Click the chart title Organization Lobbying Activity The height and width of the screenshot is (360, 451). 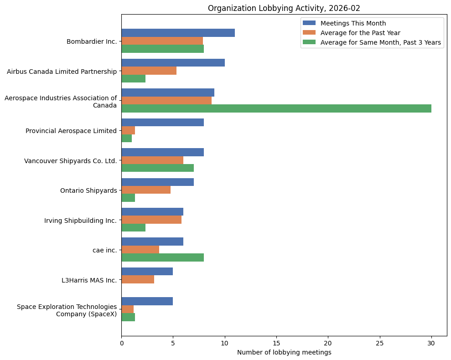[284, 8]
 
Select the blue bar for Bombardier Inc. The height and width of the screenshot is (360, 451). [178, 33]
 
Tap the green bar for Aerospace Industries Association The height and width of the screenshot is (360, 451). [276, 108]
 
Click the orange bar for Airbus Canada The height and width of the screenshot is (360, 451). [149, 71]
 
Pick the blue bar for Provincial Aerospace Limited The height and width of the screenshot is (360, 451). [162, 122]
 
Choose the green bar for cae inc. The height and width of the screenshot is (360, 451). [162, 257]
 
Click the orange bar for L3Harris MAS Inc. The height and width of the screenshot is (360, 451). [138, 280]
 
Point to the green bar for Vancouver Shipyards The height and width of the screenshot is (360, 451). [157, 168]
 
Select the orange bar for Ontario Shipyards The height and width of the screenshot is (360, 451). [146, 190]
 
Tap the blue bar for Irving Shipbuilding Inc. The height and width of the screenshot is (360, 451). [152, 212]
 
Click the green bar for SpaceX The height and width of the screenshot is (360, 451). [128, 317]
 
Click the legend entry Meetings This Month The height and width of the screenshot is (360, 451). [353, 23]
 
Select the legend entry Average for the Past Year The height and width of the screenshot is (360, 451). [360, 33]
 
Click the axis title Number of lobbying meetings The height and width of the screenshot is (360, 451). [284, 352]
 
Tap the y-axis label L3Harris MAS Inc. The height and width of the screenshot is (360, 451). [89, 280]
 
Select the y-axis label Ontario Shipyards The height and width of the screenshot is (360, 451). [88, 190]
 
